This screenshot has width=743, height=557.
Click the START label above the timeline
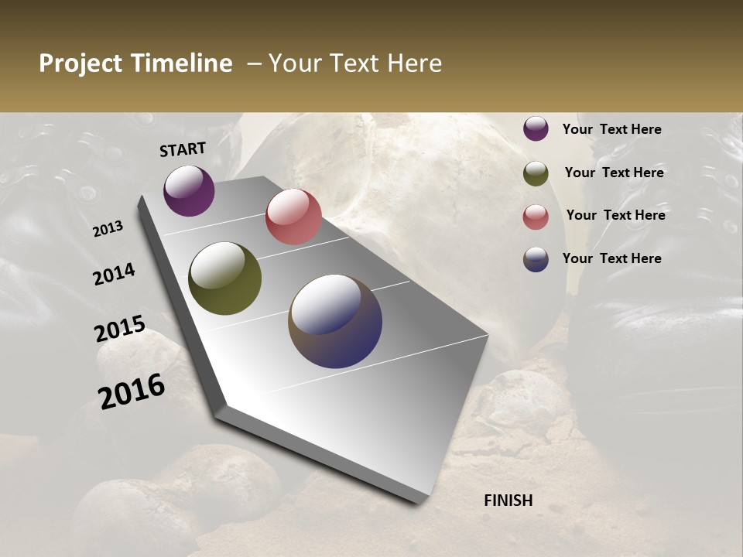[183, 149]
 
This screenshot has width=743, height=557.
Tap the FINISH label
[508, 501]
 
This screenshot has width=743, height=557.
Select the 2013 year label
[108, 229]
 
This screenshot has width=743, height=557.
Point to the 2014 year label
[115, 275]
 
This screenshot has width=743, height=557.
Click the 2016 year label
[132, 391]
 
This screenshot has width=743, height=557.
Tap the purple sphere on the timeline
[189, 191]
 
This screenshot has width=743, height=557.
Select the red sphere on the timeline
[293, 217]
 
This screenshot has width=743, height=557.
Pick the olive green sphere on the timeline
[225, 278]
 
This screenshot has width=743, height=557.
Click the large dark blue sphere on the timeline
[335, 321]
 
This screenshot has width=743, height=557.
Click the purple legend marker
[536, 129]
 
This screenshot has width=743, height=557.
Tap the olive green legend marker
[536, 173]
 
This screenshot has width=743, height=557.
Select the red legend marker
[536, 217]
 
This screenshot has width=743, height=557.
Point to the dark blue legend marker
[536, 259]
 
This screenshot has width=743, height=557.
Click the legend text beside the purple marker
[612, 130]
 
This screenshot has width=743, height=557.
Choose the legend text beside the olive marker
[615, 173]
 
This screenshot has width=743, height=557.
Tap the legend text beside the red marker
[616, 215]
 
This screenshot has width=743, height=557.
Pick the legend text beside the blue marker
[612, 258]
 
